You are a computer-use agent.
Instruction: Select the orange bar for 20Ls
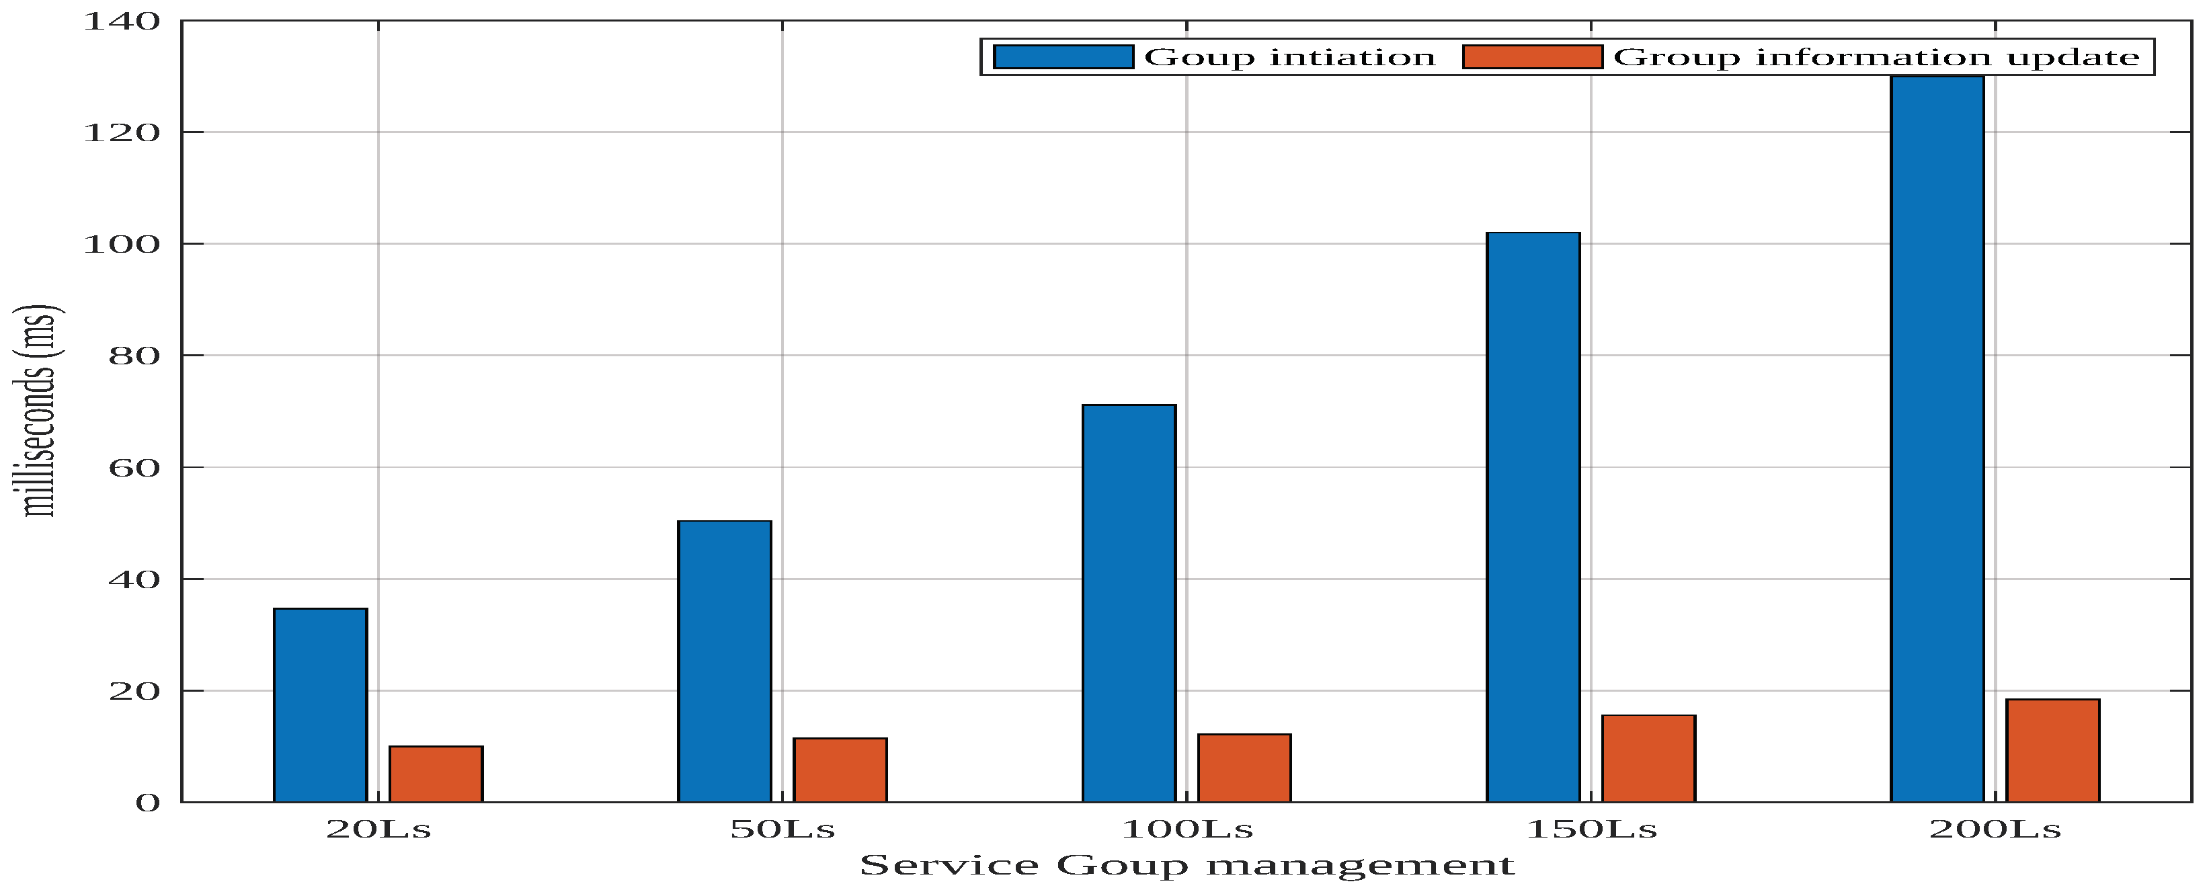click(436, 774)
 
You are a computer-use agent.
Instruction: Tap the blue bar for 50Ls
click(724, 661)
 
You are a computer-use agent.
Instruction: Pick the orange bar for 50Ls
click(840, 769)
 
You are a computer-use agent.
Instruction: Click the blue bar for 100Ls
click(1129, 603)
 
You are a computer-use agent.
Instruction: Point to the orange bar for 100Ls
click(1244, 768)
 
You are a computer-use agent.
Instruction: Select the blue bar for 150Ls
click(1533, 517)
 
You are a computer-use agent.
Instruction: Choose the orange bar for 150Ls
click(1648, 758)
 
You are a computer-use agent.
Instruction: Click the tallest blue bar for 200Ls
click(1937, 439)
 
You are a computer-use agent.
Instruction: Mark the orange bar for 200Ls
click(2053, 750)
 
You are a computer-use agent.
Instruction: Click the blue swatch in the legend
click(1063, 56)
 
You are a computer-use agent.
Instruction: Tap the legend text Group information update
click(1876, 57)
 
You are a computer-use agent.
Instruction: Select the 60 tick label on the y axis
click(134, 468)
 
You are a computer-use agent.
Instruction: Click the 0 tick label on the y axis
click(147, 803)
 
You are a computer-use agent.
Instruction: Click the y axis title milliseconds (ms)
click(36, 411)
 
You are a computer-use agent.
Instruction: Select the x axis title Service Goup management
click(1187, 865)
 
